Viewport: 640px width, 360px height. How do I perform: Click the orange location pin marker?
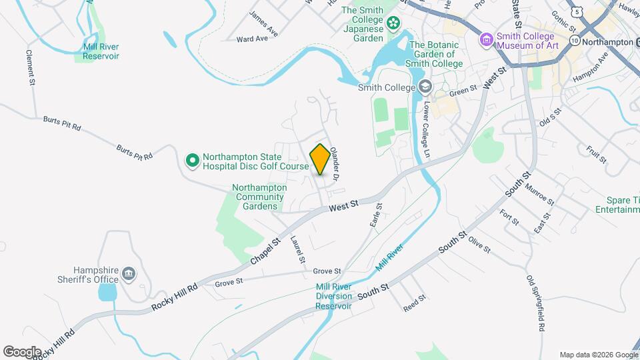click(x=320, y=159)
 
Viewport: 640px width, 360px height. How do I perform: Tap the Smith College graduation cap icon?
click(x=425, y=86)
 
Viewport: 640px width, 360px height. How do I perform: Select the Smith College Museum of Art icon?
click(x=486, y=40)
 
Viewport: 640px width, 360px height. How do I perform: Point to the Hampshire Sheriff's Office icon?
click(x=129, y=273)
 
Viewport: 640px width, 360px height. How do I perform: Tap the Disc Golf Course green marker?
click(x=192, y=160)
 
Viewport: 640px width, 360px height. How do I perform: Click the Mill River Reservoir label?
click(x=101, y=51)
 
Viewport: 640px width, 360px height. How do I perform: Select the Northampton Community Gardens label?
click(x=259, y=197)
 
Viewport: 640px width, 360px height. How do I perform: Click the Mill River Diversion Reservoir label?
click(x=333, y=296)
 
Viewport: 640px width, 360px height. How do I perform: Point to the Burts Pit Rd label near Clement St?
click(x=62, y=123)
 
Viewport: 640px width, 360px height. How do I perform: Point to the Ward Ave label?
click(x=252, y=39)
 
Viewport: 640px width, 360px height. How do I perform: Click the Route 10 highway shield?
click(x=574, y=41)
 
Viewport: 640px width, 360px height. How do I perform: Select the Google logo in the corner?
click(x=22, y=351)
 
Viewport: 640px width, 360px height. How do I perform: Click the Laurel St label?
click(x=297, y=250)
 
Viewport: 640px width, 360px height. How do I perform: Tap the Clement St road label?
click(x=30, y=67)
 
